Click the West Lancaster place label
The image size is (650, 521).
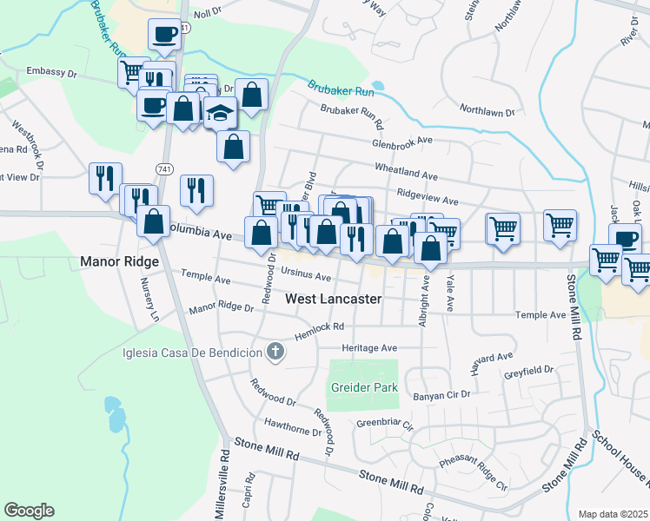tap(334, 299)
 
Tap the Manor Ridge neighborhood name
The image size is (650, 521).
tap(119, 260)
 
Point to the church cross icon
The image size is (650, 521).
tap(275, 352)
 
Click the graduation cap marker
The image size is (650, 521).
tap(222, 113)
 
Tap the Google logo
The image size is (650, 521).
tap(29, 511)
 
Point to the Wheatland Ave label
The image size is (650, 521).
tap(406, 168)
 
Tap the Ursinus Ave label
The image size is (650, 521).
tap(307, 276)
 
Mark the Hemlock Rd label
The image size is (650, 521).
tap(319, 327)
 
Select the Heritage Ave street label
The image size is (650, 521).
tap(369, 347)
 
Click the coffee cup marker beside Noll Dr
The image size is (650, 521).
tap(164, 35)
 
